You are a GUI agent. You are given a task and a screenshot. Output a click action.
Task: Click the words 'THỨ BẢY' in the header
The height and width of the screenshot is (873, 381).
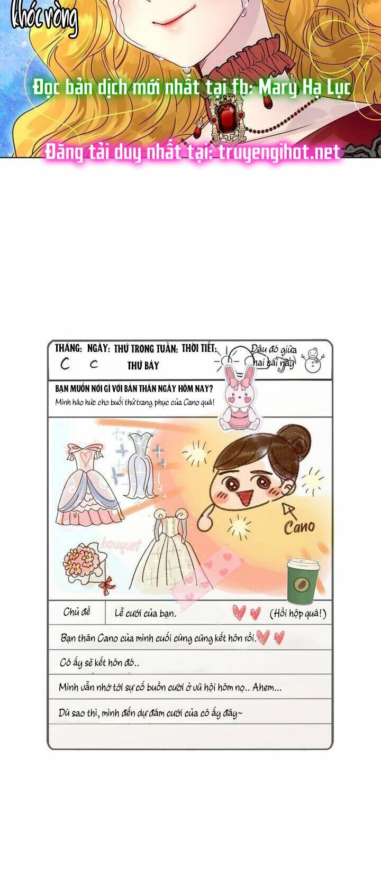(143, 366)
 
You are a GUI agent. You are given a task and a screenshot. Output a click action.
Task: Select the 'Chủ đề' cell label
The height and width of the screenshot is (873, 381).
(77, 612)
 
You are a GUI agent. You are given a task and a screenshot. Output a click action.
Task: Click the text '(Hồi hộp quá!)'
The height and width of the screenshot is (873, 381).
(298, 614)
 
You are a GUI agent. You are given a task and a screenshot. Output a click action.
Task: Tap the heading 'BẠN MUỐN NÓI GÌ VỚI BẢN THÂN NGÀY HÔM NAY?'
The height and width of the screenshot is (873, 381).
(134, 388)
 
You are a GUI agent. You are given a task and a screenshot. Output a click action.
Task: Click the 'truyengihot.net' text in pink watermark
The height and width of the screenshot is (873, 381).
(279, 152)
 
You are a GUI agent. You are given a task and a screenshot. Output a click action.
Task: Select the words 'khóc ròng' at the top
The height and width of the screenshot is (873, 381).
(44, 17)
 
